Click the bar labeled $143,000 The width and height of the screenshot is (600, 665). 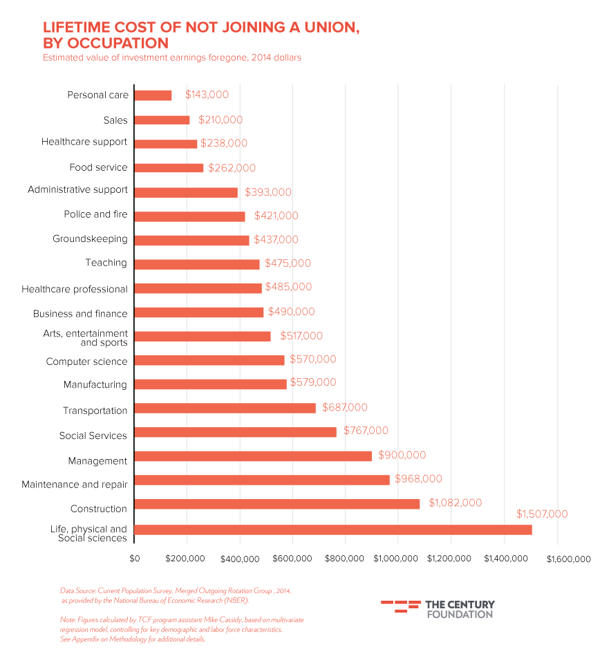coord(153,95)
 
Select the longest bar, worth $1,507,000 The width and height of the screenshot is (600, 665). coord(332,530)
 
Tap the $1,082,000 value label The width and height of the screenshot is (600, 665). coord(455,503)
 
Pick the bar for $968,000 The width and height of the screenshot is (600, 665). coord(261,480)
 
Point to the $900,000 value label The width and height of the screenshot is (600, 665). coord(402,456)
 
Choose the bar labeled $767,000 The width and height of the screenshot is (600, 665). coord(235,432)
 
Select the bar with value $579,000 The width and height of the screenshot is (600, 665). coord(210,384)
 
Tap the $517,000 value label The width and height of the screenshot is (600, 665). coord(301,336)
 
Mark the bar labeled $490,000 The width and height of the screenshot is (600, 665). coord(198,312)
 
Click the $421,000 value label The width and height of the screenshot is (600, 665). coord(276,216)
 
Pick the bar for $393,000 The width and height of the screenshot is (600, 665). coord(185,192)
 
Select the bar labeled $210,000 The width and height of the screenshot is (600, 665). coord(162,120)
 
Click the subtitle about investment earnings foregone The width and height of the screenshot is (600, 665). coord(172,58)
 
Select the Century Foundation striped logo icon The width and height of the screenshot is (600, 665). coord(400,606)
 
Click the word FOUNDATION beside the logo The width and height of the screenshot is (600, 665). coord(460,614)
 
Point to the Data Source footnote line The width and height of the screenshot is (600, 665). coord(176,591)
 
